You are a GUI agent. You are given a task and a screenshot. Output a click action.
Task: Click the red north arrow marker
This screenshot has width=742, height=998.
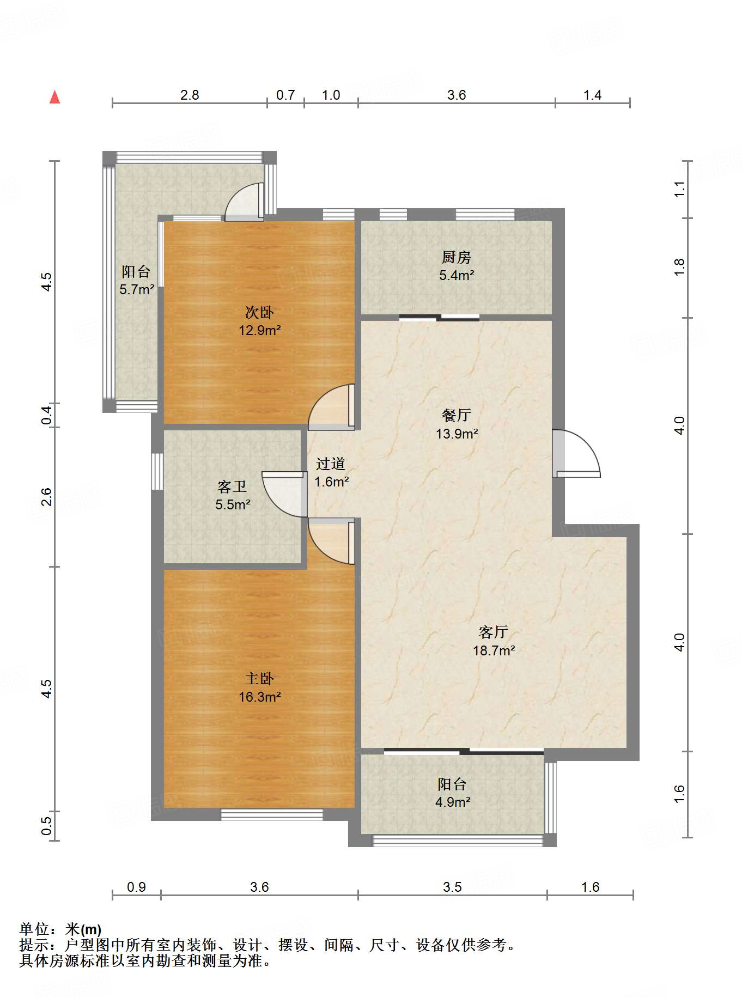[x=54, y=97]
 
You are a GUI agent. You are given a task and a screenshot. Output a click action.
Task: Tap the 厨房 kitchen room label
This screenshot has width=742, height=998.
[x=456, y=266]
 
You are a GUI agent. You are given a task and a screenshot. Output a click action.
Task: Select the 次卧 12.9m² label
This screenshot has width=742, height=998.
[x=259, y=321]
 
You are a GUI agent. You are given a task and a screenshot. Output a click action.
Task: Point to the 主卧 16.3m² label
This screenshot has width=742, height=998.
[x=259, y=687]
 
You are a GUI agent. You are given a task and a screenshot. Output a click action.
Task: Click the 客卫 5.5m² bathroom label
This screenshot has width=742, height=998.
[x=233, y=495]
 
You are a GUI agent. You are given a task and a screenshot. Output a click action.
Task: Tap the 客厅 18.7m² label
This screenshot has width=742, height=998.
[x=494, y=641]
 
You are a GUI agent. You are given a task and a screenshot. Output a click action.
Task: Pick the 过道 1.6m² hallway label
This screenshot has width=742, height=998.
[x=331, y=472]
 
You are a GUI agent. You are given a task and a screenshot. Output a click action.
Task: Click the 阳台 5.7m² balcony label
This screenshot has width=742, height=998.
[x=137, y=280]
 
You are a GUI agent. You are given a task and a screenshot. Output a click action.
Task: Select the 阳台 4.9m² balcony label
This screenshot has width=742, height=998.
[x=452, y=793]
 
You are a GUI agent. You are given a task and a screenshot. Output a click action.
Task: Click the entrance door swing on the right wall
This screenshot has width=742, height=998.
[x=576, y=453]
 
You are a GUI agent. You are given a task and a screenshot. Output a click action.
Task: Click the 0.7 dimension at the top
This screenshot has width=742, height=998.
[x=285, y=95]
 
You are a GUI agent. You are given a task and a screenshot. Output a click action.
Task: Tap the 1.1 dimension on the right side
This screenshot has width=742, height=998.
[x=679, y=189]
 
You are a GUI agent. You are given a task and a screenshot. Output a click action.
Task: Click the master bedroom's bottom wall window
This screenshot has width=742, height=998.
[x=271, y=815]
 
